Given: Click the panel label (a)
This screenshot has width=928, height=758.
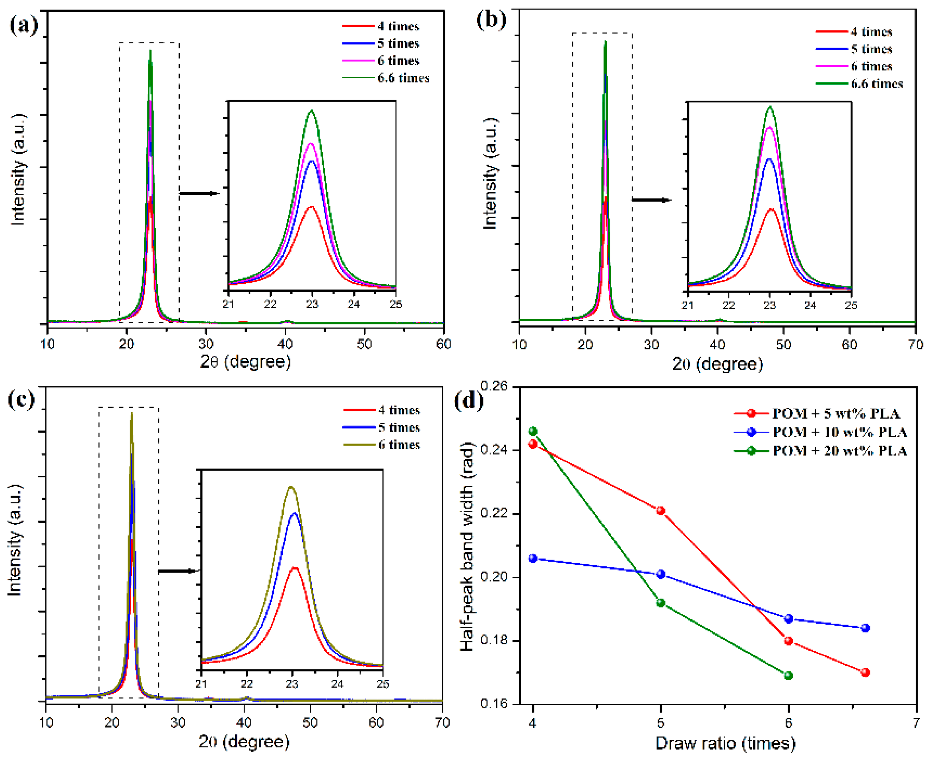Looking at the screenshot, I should [x=23, y=25].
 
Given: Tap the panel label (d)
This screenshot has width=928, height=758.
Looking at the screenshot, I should [x=469, y=400].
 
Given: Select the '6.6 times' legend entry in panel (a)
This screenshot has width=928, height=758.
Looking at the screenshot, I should [x=403, y=78].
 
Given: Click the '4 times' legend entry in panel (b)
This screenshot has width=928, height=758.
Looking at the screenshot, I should [x=871, y=31].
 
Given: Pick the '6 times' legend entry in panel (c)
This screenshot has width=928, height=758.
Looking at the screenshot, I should [x=399, y=445].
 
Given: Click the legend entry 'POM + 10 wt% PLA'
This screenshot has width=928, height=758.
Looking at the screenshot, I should [x=839, y=432].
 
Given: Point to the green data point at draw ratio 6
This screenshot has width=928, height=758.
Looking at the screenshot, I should [x=788, y=675].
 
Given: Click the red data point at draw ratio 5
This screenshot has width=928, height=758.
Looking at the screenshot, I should [x=661, y=511].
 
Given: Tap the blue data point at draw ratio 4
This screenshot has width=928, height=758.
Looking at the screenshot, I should [x=533, y=558].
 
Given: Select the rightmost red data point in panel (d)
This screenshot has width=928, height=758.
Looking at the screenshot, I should [x=866, y=673].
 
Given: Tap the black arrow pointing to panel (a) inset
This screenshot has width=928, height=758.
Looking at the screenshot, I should [x=199, y=194].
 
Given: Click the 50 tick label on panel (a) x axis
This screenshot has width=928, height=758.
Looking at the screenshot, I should [x=364, y=344].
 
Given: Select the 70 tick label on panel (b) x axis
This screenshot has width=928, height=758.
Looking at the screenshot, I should [x=915, y=345].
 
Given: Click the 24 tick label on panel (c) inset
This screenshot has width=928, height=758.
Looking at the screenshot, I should [x=337, y=683].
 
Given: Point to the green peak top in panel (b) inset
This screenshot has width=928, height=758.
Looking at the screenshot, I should [x=770, y=107].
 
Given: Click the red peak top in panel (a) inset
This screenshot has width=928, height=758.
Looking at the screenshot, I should [x=311, y=207].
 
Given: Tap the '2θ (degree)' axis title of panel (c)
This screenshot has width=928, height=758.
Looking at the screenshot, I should [x=244, y=741].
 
